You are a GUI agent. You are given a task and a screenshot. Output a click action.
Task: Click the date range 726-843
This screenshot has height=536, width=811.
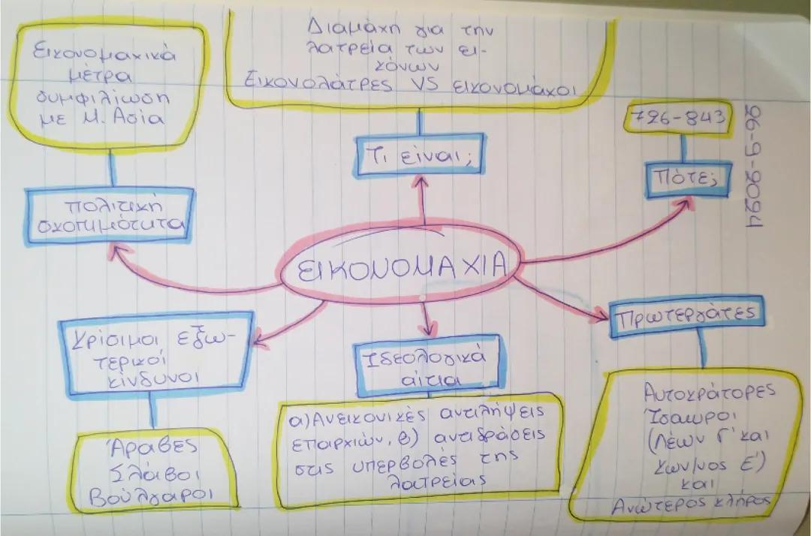coord(677,119)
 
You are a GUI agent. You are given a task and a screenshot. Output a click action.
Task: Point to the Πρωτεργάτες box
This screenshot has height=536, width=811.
coord(686,316)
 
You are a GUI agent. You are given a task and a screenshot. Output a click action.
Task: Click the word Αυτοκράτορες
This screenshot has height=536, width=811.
coord(692,394)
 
